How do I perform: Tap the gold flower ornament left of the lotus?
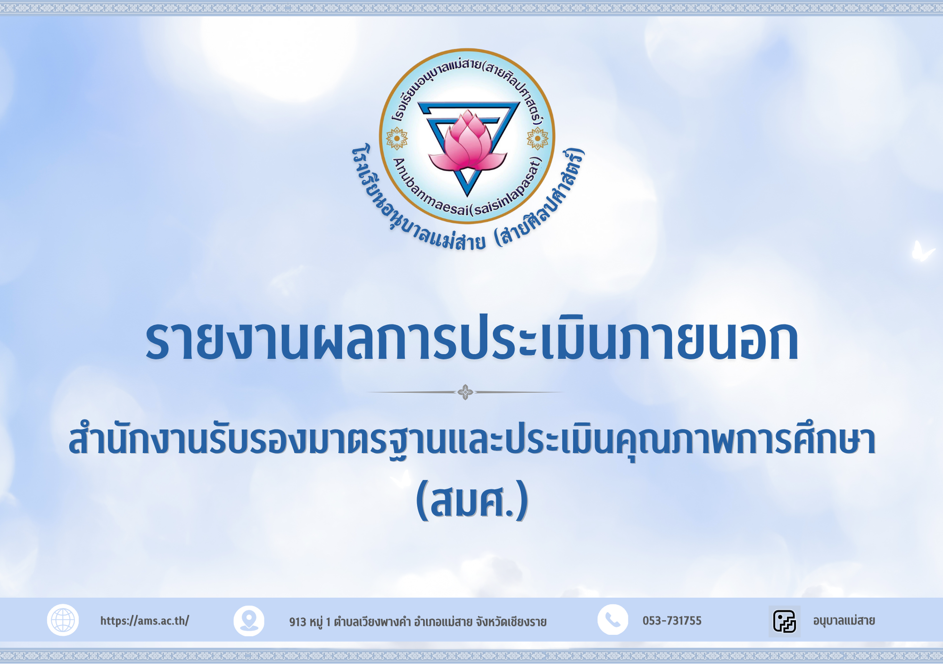[x=397, y=139]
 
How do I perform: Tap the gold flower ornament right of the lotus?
[x=538, y=139]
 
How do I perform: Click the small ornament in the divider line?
[x=465, y=392]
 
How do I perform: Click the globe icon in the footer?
[x=63, y=620]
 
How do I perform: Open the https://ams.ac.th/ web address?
[x=145, y=621]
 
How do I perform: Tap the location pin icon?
[x=249, y=621]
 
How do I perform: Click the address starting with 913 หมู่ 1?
[x=418, y=622]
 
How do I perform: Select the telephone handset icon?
[x=613, y=620]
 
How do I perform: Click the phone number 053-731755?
[x=672, y=621]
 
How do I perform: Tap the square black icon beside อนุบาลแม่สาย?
[x=785, y=621]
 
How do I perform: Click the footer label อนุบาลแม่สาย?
[x=844, y=621]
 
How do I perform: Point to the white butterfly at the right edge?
[x=922, y=251]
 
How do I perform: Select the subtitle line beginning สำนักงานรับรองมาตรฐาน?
[x=472, y=442]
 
